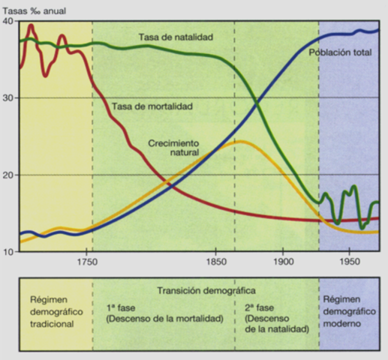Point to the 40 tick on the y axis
click(x=8, y=22)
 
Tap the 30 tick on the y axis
click(x=8, y=98)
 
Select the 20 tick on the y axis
click(x=8, y=175)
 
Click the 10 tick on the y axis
click(x=8, y=252)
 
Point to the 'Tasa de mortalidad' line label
click(x=152, y=106)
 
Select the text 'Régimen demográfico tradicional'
click(x=51, y=312)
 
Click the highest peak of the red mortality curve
click(x=31, y=26)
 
